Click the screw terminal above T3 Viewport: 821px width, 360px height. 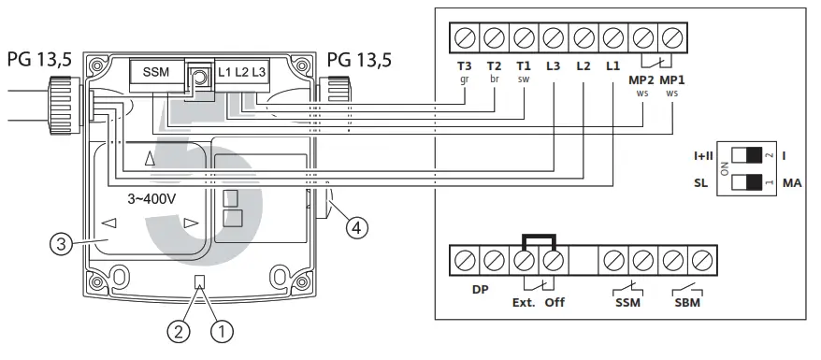pos(465,37)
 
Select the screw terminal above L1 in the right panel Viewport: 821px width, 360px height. pos(612,37)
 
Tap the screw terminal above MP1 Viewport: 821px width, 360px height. pos(671,37)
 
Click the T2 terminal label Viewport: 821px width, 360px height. pos(494,66)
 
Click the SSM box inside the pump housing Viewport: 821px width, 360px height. pos(156,72)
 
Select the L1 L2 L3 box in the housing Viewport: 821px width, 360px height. pos(241,72)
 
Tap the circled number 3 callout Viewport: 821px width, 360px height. pos(60,244)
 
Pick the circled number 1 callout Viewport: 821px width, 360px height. pos(222,331)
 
